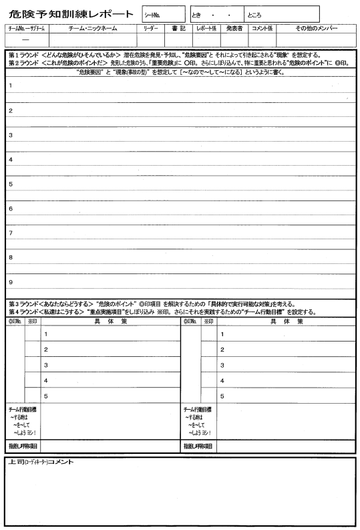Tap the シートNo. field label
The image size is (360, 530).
pyautogui.click(x=153, y=14)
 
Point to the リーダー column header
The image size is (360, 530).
pyautogui.click(x=150, y=29)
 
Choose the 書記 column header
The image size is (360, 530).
pyautogui.click(x=178, y=29)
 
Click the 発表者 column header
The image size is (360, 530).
pyautogui.click(x=233, y=29)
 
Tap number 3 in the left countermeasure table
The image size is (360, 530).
pyautogui.click(x=46, y=365)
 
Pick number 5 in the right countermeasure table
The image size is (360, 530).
pyautogui.click(x=222, y=396)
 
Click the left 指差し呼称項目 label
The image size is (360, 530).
pyautogui.click(x=23, y=446)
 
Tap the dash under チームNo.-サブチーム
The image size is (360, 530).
pyautogui.click(x=25, y=41)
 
